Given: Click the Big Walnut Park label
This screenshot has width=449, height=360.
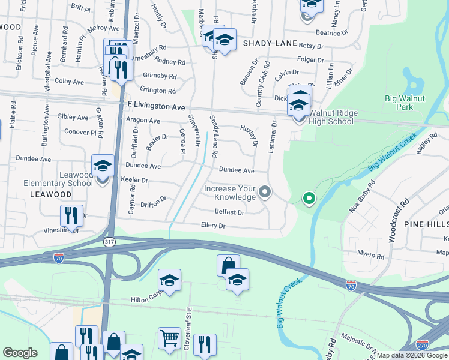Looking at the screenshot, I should tap(399, 103).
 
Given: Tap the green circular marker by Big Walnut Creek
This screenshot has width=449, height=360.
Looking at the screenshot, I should tap(309, 197).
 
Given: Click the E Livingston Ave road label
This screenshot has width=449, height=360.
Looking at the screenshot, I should tap(157, 106).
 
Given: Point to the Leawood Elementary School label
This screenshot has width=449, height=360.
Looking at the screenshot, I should tap(58, 179).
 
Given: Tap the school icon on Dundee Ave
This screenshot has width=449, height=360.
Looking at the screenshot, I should tap(103, 166).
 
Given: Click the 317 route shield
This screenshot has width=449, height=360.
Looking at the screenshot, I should tap(109, 242).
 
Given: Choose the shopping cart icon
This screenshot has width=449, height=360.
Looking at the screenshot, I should tap(169, 337).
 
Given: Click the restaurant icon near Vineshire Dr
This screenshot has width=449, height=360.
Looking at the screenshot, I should tap(71, 215).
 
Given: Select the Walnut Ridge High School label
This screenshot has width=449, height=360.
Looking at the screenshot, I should tap(331, 117).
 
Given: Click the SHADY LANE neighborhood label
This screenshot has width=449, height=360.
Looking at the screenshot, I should tap(270, 44).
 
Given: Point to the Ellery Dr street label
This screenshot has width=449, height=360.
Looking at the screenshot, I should tap(213, 226).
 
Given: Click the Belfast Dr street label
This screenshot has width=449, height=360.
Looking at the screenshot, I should tap(229, 212).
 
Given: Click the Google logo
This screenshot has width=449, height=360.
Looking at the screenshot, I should tap(20, 353).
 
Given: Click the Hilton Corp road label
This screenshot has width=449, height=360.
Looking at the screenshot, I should tap(147, 299).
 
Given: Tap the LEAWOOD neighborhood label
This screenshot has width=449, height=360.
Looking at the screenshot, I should tap(51, 195).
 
